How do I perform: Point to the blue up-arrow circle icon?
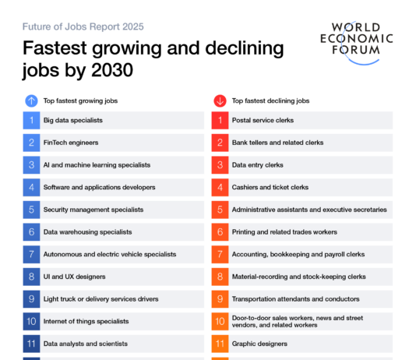click(x=31, y=100)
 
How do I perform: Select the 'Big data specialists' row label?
click(x=73, y=120)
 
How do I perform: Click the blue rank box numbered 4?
click(x=31, y=187)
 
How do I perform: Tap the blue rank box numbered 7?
click(x=31, y=254)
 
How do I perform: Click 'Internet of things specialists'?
click(x=86, y=321)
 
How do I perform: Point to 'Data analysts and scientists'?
click(x=85, y=344)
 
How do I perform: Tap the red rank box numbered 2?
click(x=220, y=143)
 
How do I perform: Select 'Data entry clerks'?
click(x=256, y=165)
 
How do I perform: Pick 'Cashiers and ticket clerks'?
click(x=270, y=187)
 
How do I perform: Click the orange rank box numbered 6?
click(x=220, y=232)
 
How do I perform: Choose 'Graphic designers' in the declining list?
click(x=259, y=344)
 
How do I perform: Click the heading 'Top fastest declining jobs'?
click(x=270, y=101)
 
